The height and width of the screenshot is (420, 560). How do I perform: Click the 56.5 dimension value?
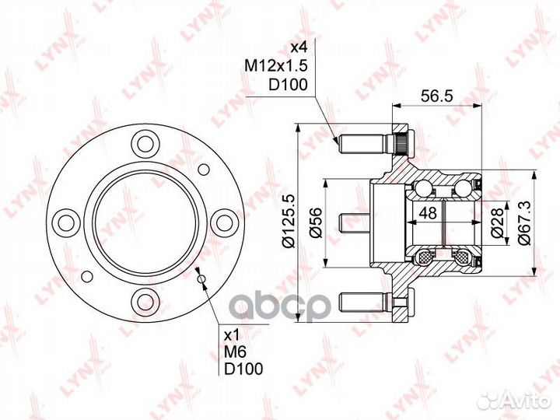click(436, 96)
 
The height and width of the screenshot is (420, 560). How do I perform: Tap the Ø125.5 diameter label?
click(289, 222)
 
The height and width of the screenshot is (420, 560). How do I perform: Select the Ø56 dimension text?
click(316, 222)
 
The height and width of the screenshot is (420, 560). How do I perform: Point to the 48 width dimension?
click(428, 213)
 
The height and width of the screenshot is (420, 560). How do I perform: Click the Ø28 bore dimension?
click(498, 222)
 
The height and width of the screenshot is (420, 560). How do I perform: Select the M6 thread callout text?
click(235, 352)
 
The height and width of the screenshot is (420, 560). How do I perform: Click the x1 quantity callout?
click(232, 335)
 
